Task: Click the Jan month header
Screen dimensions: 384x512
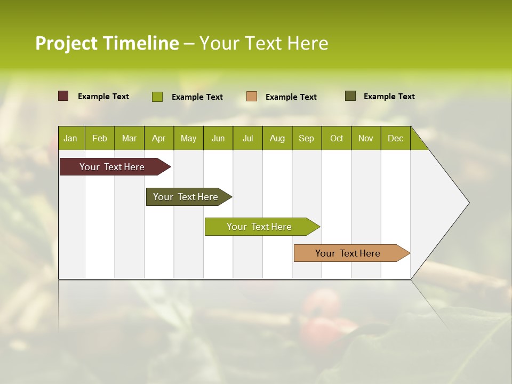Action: pos(70,138)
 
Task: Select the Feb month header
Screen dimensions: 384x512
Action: pos(100,138)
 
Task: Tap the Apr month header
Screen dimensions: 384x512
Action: pos(158,138)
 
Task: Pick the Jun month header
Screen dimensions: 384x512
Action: pos(218,138)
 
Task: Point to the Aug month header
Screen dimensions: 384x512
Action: pos(277,138)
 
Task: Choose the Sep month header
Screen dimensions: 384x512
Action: pos(306,138)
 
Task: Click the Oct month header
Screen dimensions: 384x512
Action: pos(337,138)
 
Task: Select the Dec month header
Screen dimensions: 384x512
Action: pos(395,138)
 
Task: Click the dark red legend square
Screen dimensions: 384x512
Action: pos(63,96)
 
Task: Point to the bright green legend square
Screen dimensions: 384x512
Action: pos(157,97)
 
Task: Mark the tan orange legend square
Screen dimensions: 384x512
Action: pos(252,97)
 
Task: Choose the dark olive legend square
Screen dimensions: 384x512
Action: pos(350,96)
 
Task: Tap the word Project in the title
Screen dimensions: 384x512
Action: pos(67,43)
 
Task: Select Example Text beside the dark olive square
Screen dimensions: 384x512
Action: pos(389,96)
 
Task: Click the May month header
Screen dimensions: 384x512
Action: pos(188,138)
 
